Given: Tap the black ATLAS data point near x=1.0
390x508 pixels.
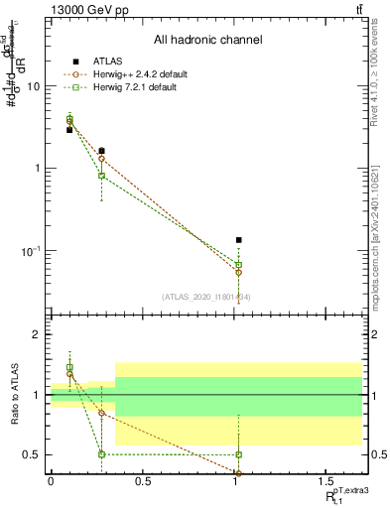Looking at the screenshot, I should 239,240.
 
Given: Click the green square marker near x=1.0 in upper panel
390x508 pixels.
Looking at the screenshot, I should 238,265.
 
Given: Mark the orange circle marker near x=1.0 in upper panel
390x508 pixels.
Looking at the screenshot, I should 238,272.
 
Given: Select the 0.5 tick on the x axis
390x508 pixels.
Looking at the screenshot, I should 143,482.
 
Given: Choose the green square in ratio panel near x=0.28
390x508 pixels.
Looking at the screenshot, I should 101,454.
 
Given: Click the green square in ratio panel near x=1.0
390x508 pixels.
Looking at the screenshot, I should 238,454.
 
